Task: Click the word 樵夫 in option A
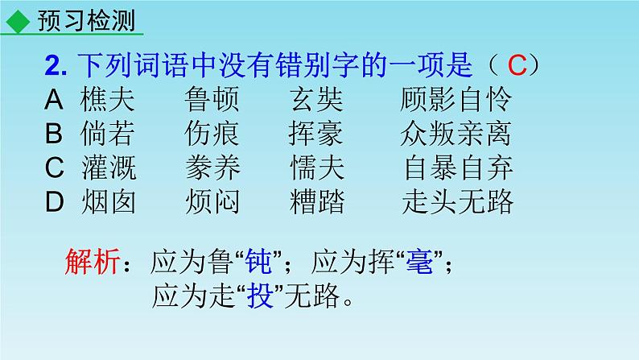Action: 109,100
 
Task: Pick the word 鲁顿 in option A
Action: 212,100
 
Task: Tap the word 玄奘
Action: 316,100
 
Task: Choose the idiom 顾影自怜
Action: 456,100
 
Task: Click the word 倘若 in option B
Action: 109,134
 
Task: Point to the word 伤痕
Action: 212,134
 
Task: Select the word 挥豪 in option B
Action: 316,134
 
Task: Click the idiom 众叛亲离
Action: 456,134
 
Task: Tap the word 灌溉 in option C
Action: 109,168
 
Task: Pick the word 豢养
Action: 212,168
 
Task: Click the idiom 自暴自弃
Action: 459,168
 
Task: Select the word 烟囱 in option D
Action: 109,202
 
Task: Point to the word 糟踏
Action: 316,202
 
